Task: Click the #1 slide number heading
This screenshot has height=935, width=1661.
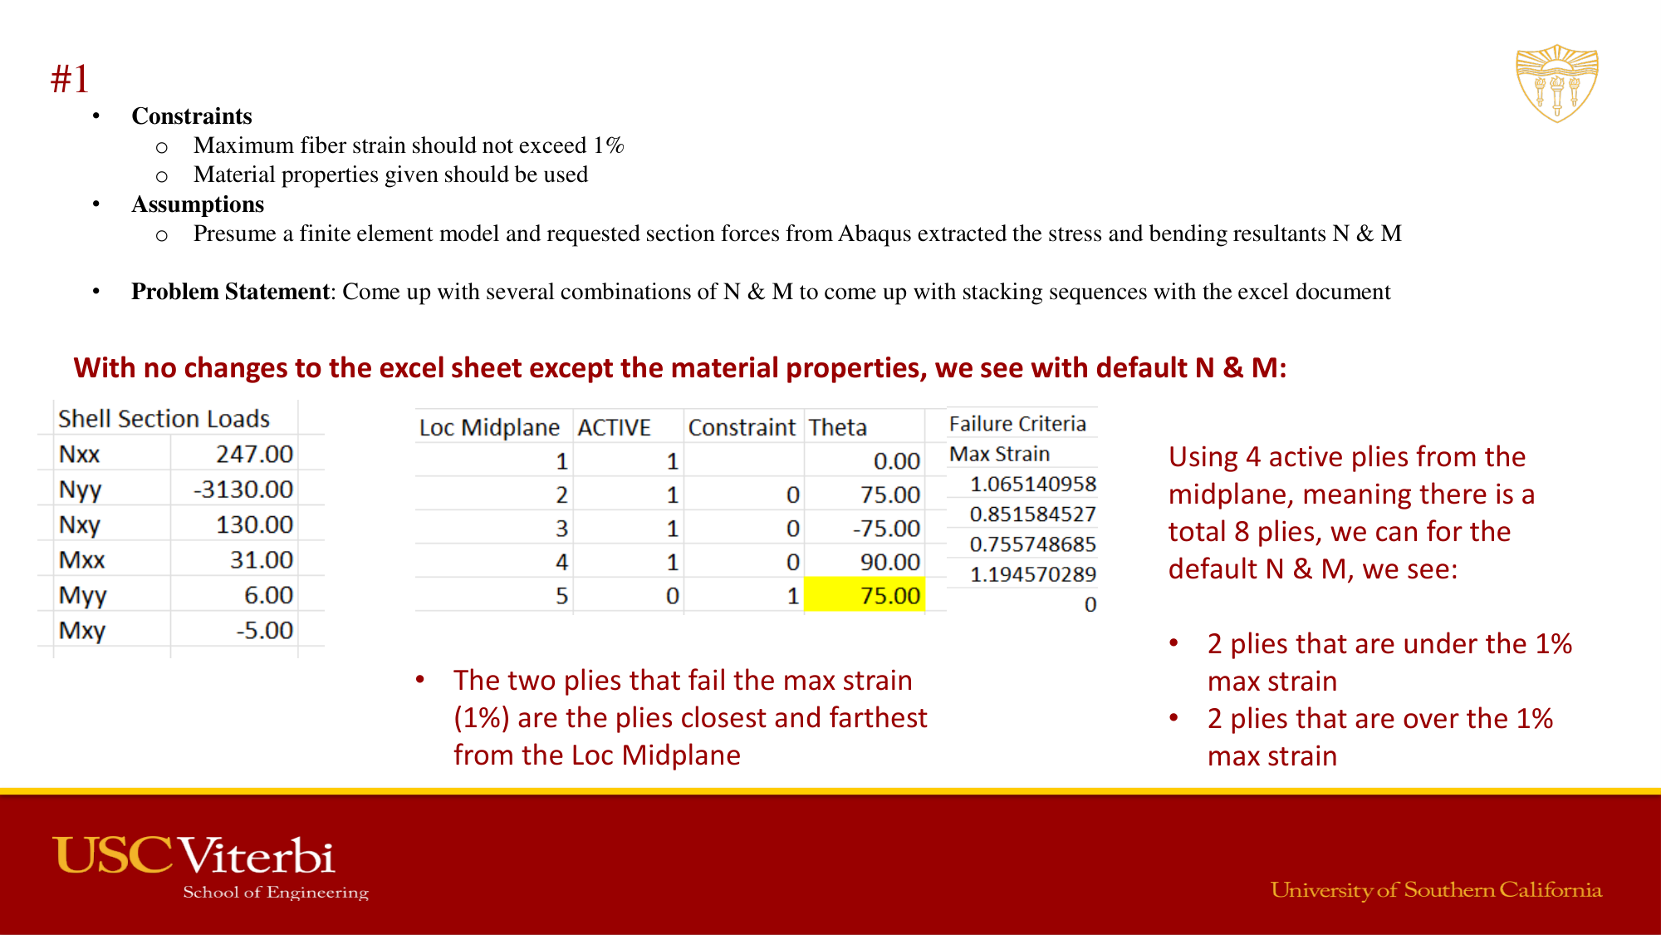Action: pos(70,80)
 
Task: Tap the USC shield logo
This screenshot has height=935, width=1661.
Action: pos(1557,84)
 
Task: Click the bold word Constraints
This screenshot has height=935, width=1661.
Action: pos(192,116)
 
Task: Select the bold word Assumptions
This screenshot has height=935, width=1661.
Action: pos(198,204)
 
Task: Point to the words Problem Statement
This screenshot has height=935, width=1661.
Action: pos(231,292)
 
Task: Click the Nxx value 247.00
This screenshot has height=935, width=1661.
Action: pos(254,455)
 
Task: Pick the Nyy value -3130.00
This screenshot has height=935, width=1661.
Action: pos(243,490)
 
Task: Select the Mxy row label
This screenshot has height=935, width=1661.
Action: pos(82,631)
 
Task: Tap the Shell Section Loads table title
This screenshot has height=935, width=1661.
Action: pos(164,419)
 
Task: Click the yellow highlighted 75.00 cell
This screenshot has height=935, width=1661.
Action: pos(865,595)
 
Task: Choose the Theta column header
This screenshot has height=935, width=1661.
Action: pos(838,427)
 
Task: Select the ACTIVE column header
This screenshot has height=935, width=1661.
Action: pos(615,427)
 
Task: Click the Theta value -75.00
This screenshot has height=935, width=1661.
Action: pos(886,529)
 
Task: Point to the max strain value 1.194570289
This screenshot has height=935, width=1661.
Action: pos(1033,574)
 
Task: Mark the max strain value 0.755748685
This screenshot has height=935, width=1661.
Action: pos(1033,544)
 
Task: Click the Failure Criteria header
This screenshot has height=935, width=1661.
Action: pos(1017,424)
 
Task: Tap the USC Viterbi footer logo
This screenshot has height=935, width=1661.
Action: pos(211,867)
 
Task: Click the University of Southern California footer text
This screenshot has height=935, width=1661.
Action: pos(1436,890)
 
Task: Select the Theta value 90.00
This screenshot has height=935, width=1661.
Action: pos(890,562)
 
